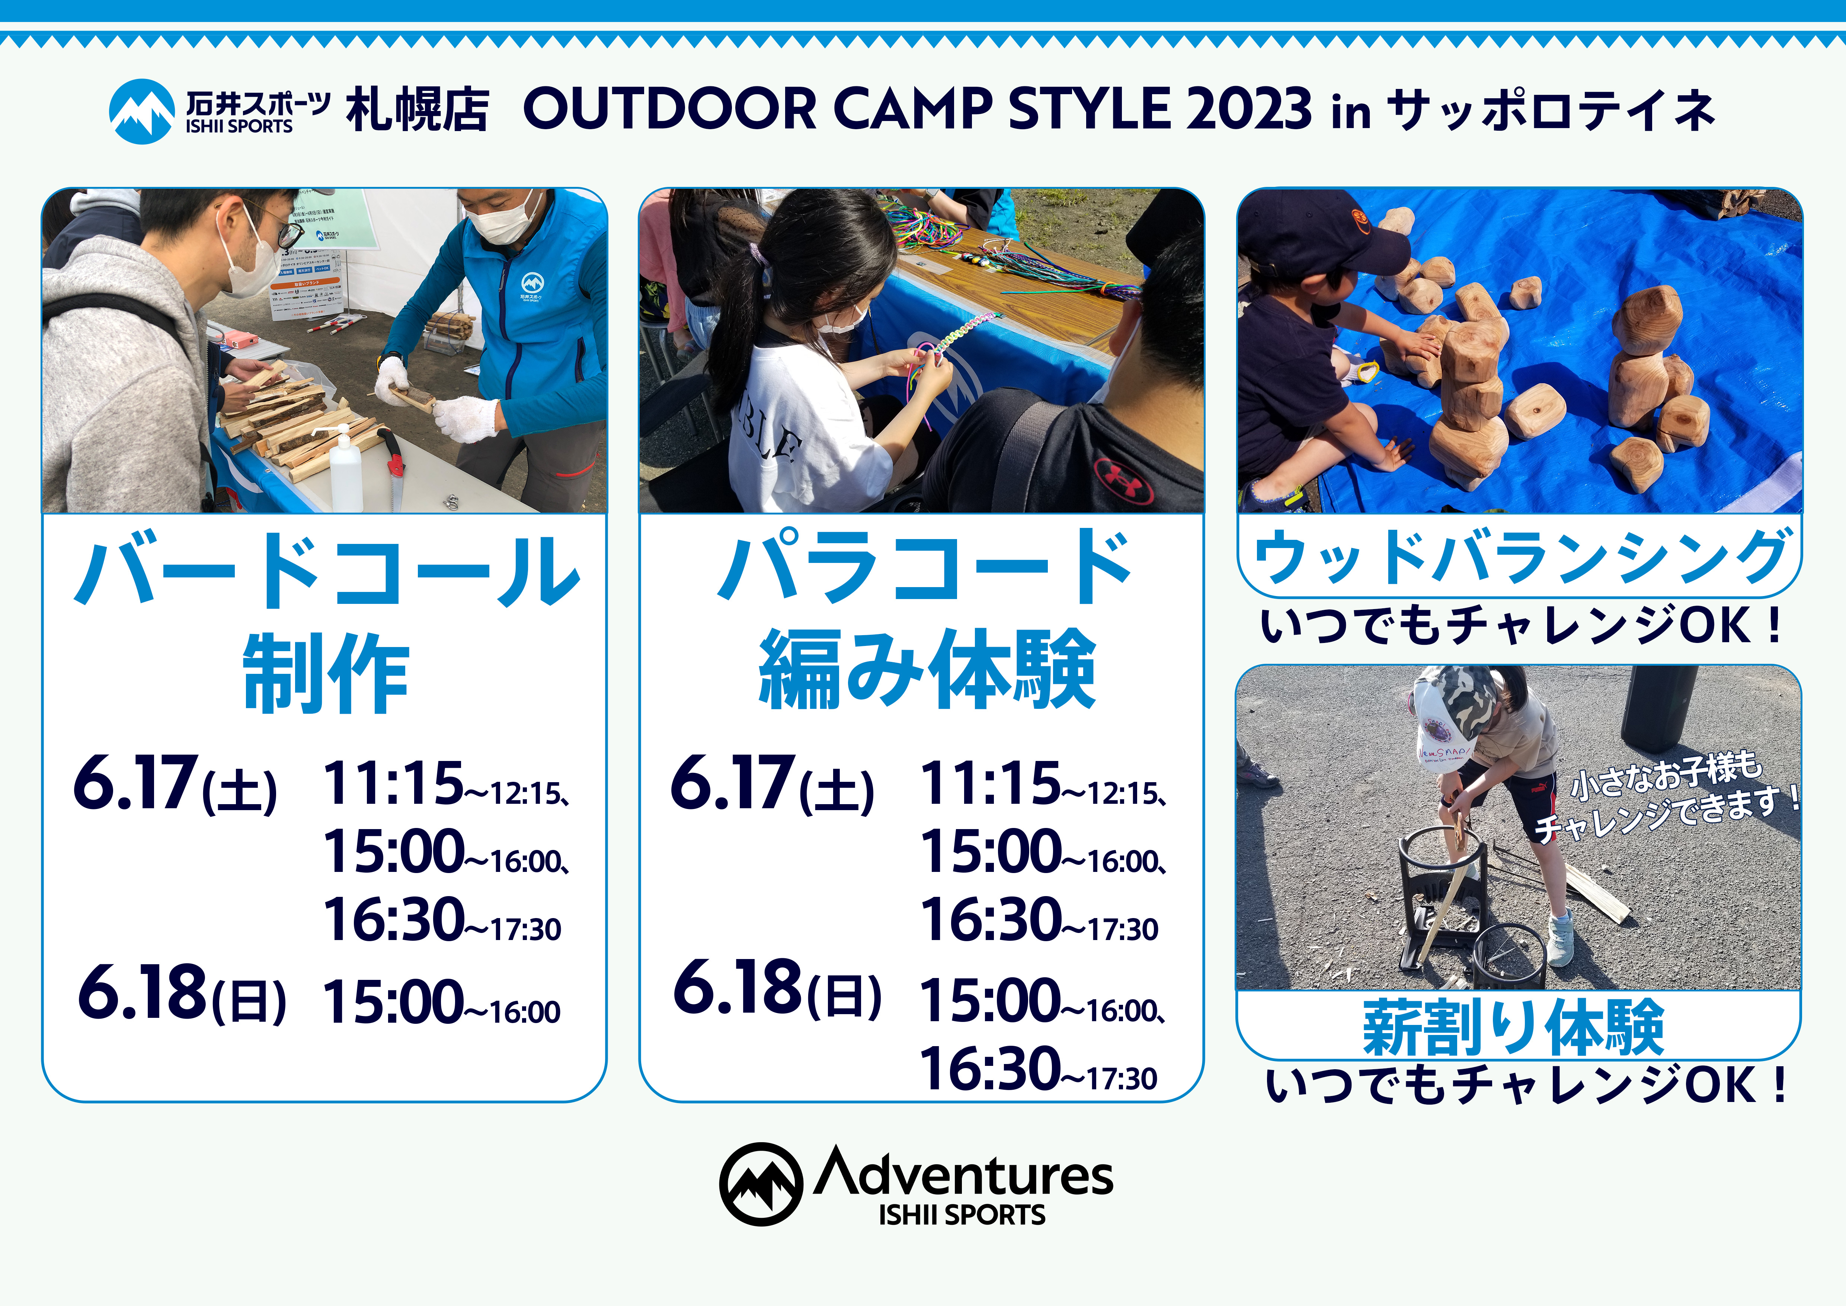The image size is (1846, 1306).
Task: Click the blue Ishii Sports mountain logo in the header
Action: pos(141,111)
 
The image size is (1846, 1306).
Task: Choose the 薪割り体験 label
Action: pos(1513,1027)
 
